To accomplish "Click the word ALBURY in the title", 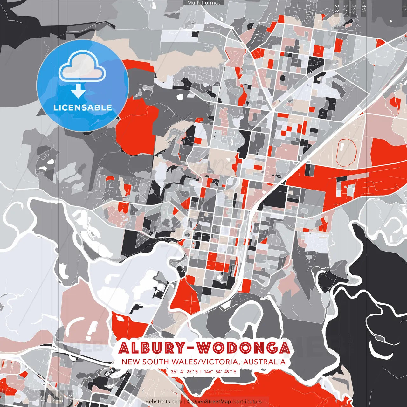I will [x=151, y=348].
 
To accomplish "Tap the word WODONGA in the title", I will [x=243, y=348].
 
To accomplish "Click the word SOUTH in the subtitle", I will [x=155, y=362].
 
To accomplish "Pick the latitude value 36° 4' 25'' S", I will [x=184, y=372].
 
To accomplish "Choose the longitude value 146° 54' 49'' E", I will [x=220, y=372].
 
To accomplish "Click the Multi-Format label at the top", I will [x=203, y=3].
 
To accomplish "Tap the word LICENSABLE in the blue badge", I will [x=83, y=107].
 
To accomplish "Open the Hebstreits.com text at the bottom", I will [x=163, y=402].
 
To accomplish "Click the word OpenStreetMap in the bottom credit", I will [x=211, y=402].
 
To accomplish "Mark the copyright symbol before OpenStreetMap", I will [x=189, y=402].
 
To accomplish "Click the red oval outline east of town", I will [x=346, y=152].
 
